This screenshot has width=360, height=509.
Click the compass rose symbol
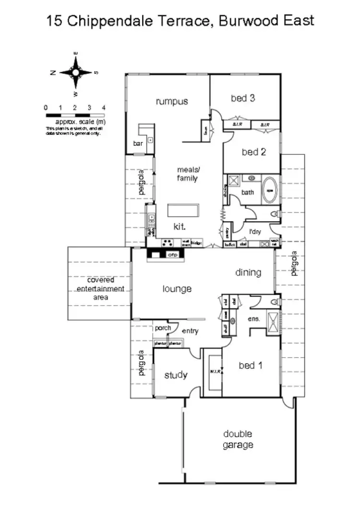(x=75, y=72)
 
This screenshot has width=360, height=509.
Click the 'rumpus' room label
(x=171, y=101)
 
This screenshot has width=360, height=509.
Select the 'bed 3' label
(x=242, y=98)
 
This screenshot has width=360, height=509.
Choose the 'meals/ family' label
(x=187, y=174)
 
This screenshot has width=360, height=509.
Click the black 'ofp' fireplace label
(x=172, y=255)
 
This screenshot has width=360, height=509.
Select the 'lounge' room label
(x=177, y=289)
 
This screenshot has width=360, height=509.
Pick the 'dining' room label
(x=248, y=272)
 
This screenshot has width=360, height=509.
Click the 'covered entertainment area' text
(x=101, y=288)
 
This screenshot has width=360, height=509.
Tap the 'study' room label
(x=176, y=375)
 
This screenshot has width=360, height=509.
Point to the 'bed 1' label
(x=251, y=366)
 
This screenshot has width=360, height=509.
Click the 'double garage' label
(x=238, y=439)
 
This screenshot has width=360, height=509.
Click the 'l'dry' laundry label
(x=254, y=231)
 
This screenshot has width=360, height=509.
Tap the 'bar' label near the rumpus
(x=138, y=143)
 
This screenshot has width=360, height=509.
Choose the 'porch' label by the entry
(x=163, y=328)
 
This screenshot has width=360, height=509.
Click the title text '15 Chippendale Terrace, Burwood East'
(x=180, y=21)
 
